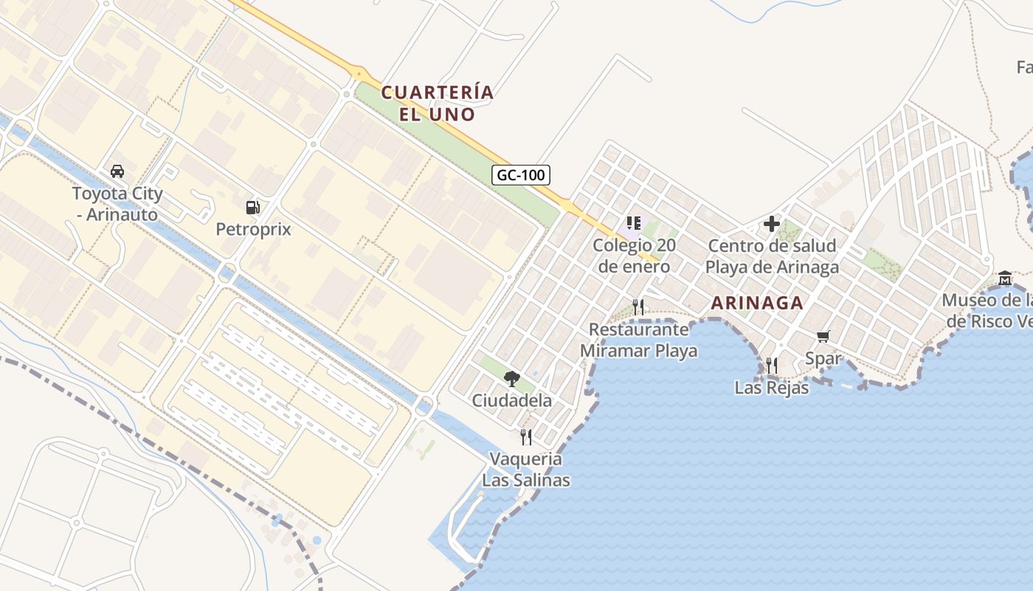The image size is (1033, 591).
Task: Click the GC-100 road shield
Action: [x=521, y=175]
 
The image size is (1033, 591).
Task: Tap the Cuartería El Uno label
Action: [x=438, y=103]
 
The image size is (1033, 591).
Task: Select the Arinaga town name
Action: [x=757, y=303]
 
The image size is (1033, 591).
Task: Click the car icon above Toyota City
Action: [x=117, y=171]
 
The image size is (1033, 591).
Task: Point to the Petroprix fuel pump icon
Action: [x=253, y=208]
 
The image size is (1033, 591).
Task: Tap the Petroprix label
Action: [x=253, y=230]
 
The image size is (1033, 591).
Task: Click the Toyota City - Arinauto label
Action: [x=117, y=204]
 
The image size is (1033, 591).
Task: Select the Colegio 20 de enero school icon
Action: [x=633, y=223]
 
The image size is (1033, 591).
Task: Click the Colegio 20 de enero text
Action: [x=634, y=256]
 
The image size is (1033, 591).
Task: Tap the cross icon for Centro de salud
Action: [x=772, y=224]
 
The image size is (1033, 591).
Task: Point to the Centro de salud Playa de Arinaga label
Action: [x=772, y=256]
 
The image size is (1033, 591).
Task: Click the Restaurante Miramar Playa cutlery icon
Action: [x=638, y=307]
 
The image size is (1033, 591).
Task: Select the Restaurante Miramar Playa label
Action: [x=639, y=340]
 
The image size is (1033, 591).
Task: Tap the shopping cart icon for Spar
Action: [x=823, y=337]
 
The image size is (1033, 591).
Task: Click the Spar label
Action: [x=823, y=359]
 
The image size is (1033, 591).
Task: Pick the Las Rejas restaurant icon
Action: [x=771, y=365]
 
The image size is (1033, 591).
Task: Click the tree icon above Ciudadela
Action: [x=511, y=379]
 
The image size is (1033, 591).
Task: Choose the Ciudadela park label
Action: [x=511, y=401]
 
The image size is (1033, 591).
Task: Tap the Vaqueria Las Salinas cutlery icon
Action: [x=526, y=437]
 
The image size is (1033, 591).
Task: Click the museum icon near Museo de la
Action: [x=1004, y=279]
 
